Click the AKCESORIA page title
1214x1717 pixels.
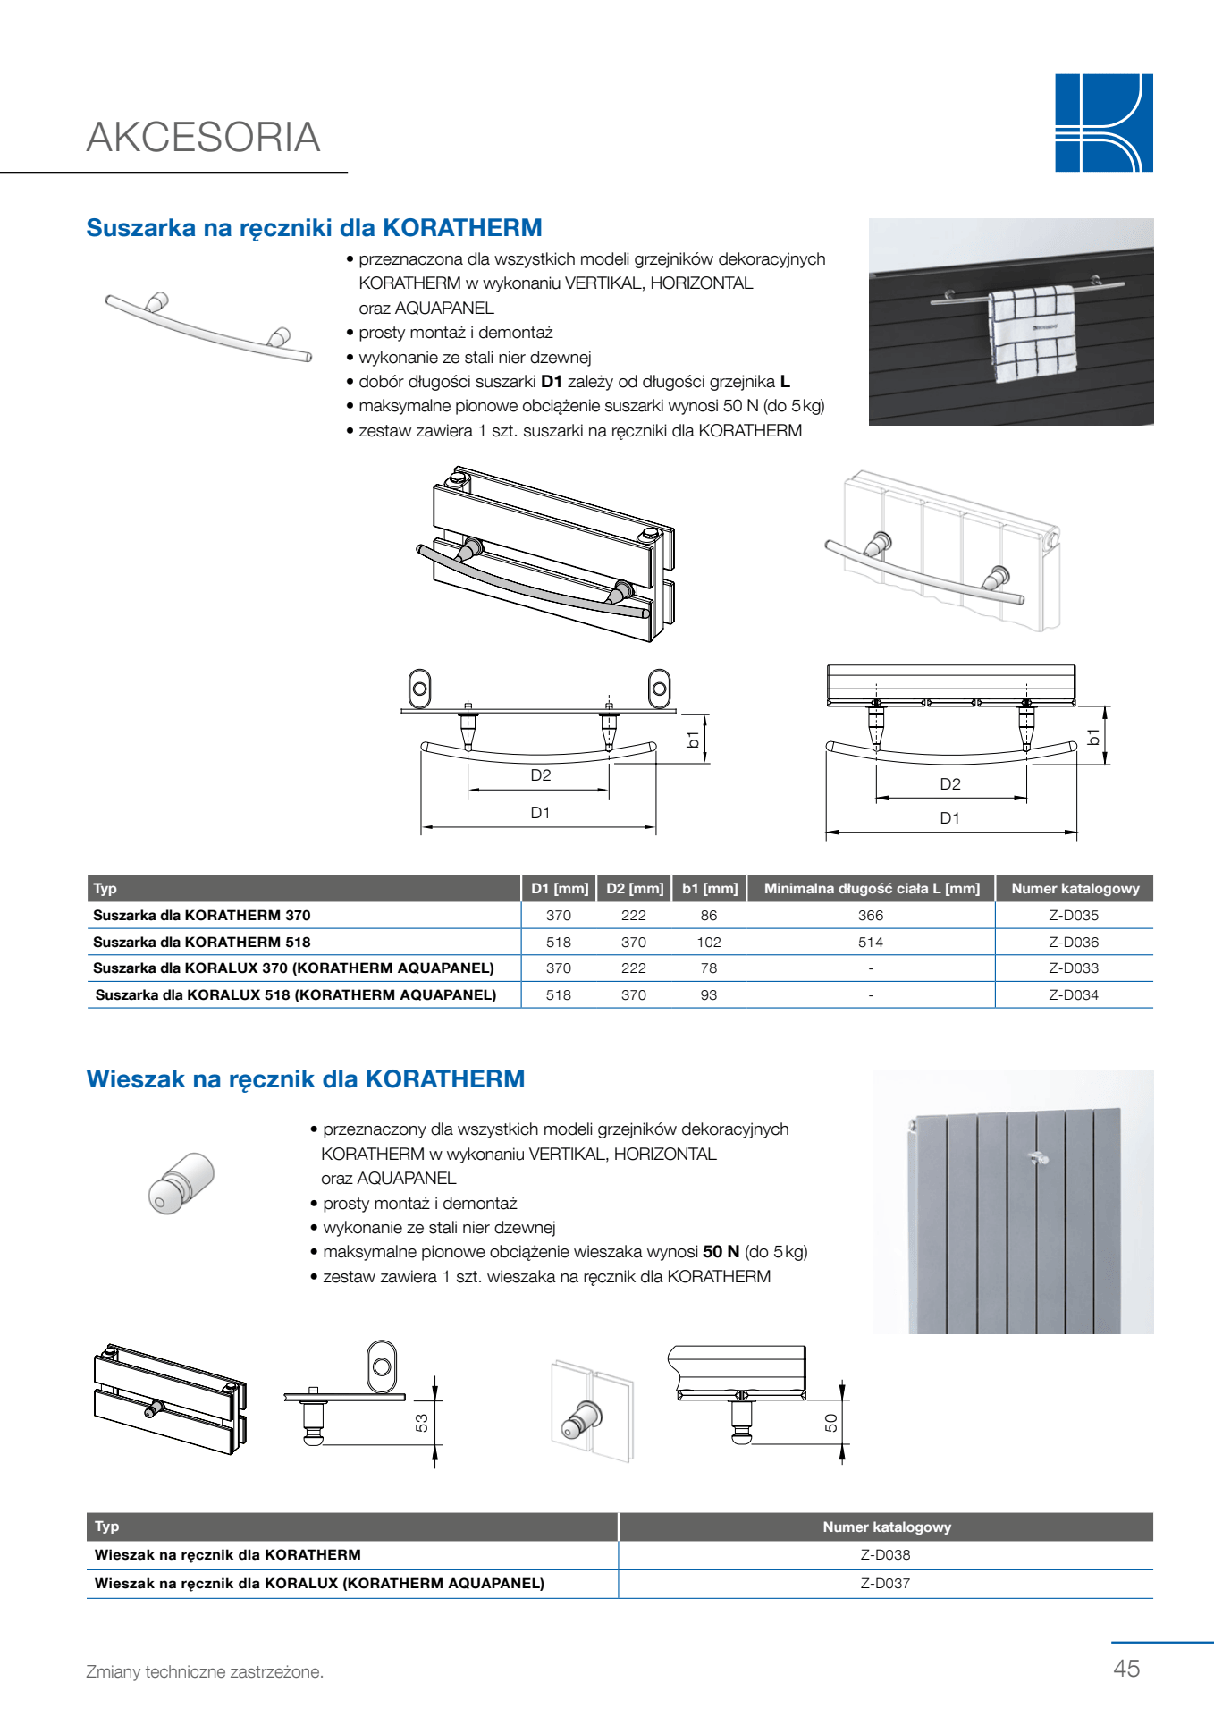pos(203,138)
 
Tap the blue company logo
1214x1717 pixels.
pos(1103,123)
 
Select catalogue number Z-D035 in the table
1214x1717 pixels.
pos(1073,915)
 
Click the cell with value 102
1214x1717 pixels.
pos(708,942)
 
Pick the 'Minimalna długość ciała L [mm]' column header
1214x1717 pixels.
pos(871,888)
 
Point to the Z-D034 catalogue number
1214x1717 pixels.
pos(1073,994)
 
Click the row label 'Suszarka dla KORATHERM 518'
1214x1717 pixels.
pos(202,942)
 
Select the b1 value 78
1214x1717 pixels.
pos(708,968)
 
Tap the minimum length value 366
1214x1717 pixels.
pos(870,915)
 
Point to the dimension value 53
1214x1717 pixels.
pos(422,1422)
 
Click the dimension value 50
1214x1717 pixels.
pos(831,1422)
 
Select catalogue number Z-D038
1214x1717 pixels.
pos(885,1554)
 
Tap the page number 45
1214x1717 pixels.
pos(1126,1668)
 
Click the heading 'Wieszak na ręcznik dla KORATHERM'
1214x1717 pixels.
pos(305,1078)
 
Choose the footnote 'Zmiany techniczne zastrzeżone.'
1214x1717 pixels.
pos(205,1671)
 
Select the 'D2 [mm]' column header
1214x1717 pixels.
pos(634,888)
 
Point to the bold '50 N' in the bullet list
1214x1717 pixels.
pos(721,1252)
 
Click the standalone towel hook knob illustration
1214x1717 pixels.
pos(181,1182)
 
